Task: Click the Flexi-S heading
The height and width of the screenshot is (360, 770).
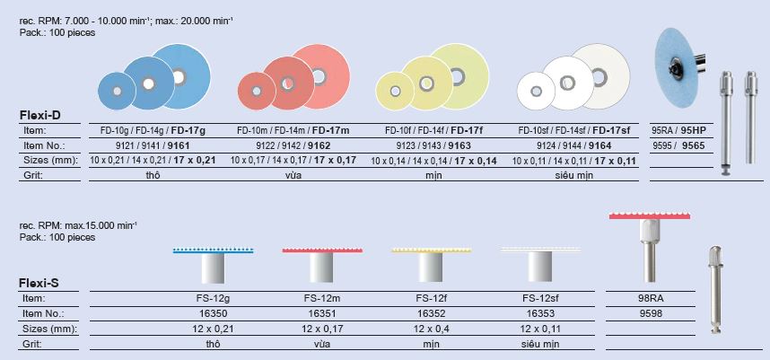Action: point(39,283)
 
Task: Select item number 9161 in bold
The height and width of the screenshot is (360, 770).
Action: point(179,145)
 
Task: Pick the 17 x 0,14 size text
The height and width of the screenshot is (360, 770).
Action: point(476,161)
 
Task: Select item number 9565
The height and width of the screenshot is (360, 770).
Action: point(693,145)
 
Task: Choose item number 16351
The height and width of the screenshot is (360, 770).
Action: point(321,313)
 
